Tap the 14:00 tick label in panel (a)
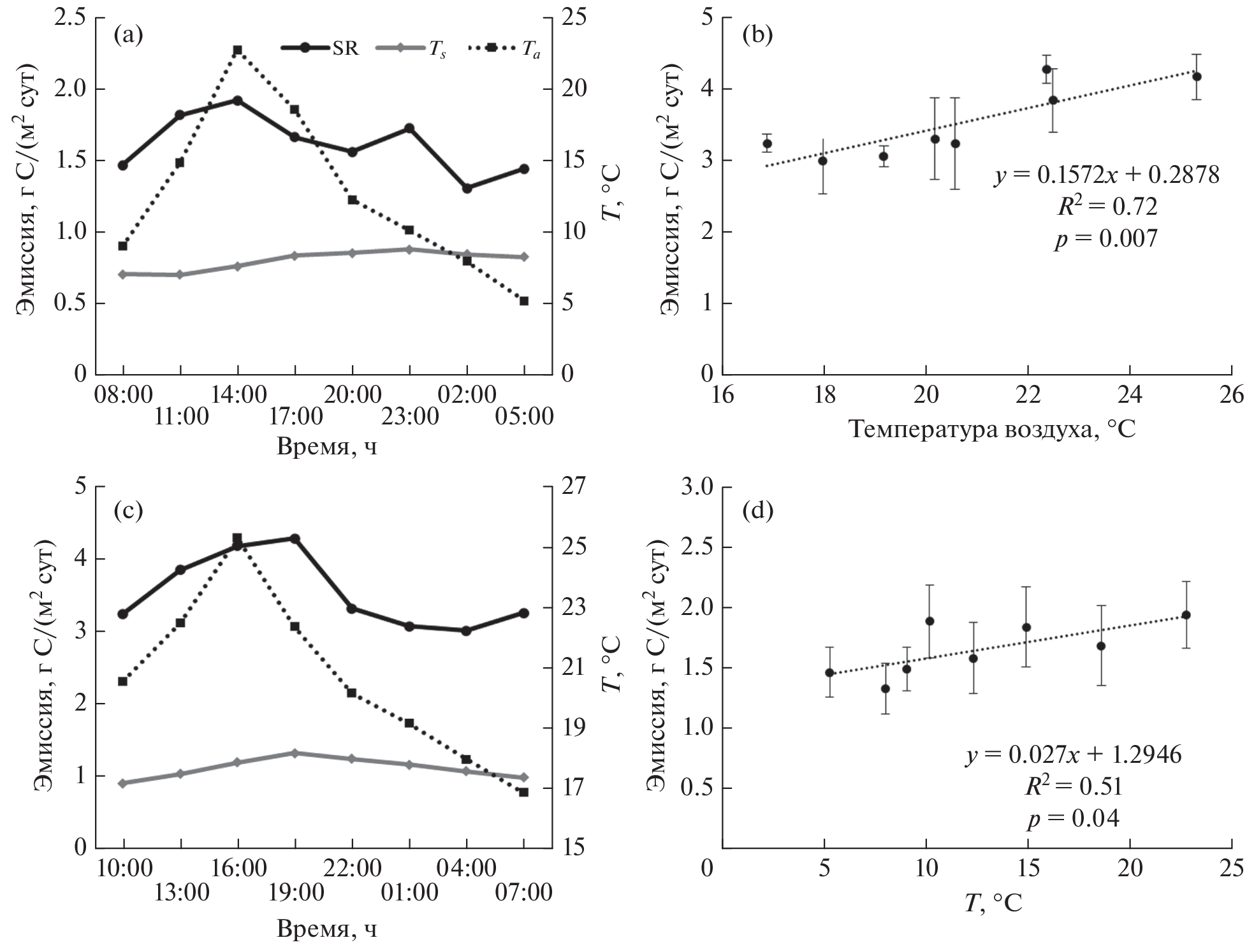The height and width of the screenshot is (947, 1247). point(238,395)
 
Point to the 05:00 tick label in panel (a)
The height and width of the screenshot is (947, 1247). point(524,417)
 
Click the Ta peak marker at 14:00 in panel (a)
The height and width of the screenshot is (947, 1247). point(237,50)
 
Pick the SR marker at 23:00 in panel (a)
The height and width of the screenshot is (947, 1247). point(409,129)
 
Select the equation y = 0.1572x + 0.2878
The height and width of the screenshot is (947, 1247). point(1106,174)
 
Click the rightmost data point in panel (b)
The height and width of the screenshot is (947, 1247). point(1197,76)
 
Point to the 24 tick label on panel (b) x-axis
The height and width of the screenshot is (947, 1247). point(1130,395)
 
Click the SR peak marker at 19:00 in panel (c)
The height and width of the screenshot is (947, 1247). point(295,539)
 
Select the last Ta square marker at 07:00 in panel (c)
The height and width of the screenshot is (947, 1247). point(523,792)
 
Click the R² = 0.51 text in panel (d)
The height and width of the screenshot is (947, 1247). point(1073,786)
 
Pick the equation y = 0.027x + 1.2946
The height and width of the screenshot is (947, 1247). point(1073,755)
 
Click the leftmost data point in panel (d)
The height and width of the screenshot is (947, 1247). point(829,672)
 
